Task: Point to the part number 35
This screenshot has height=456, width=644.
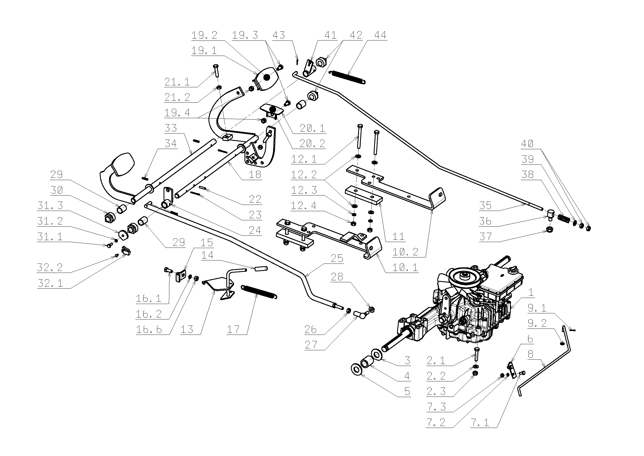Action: [x=485, y=206]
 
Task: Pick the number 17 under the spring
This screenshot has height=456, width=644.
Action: [x=233, y=329]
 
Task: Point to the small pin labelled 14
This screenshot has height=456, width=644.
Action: [x=260, y=269]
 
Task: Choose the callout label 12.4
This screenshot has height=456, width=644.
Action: [x=304, y=206]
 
